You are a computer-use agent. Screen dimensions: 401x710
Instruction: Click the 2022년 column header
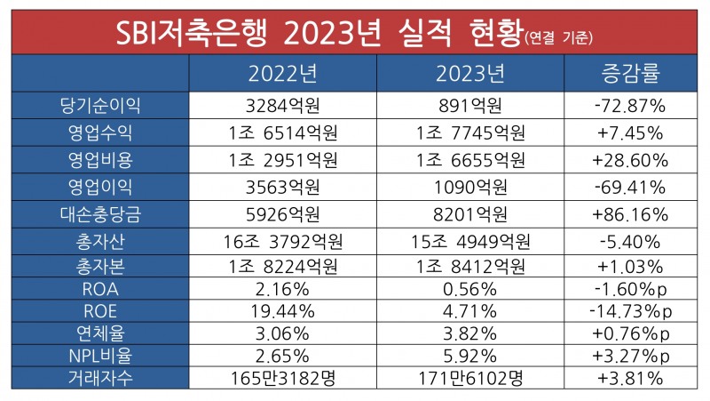(283, 71)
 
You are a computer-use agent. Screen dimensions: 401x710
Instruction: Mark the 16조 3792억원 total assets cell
(283, 241)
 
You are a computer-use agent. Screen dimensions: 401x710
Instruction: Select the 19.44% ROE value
(283, 309)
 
